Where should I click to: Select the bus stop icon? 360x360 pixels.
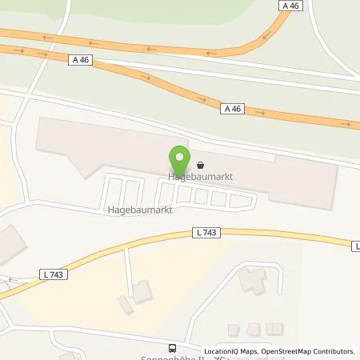(x=171, y=348)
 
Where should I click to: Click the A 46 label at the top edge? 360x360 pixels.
(x=293, y=5)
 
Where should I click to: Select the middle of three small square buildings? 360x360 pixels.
(x=254, y=329)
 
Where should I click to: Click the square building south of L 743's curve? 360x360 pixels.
(x=142, y=292)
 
